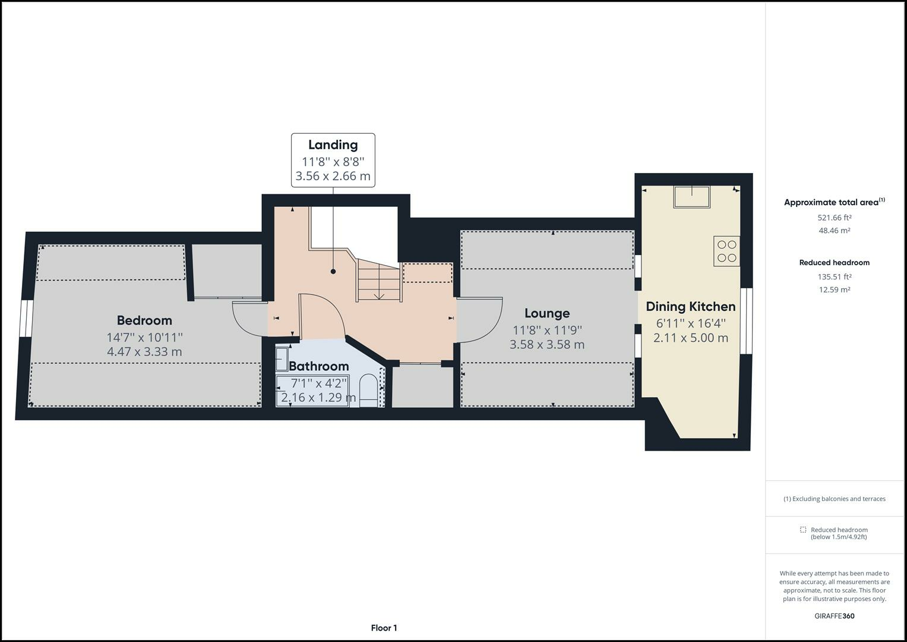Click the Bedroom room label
pos(144,320)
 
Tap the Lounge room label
pos(547,313)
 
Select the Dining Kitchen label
pos(690,307)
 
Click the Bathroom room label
pos(318,366)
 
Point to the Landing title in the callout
pos(333,145)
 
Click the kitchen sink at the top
pos(691,197)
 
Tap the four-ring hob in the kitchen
pos(726,250)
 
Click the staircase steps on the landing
pos(378,282)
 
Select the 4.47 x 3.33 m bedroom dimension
pos(144,352)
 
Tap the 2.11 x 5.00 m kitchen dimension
pos(690,338)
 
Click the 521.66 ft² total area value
pos(834,218)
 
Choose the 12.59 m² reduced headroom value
pos(834,290)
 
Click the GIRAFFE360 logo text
pos(834,616)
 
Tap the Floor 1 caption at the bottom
pos(384,628)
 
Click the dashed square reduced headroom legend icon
pos(802,530)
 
